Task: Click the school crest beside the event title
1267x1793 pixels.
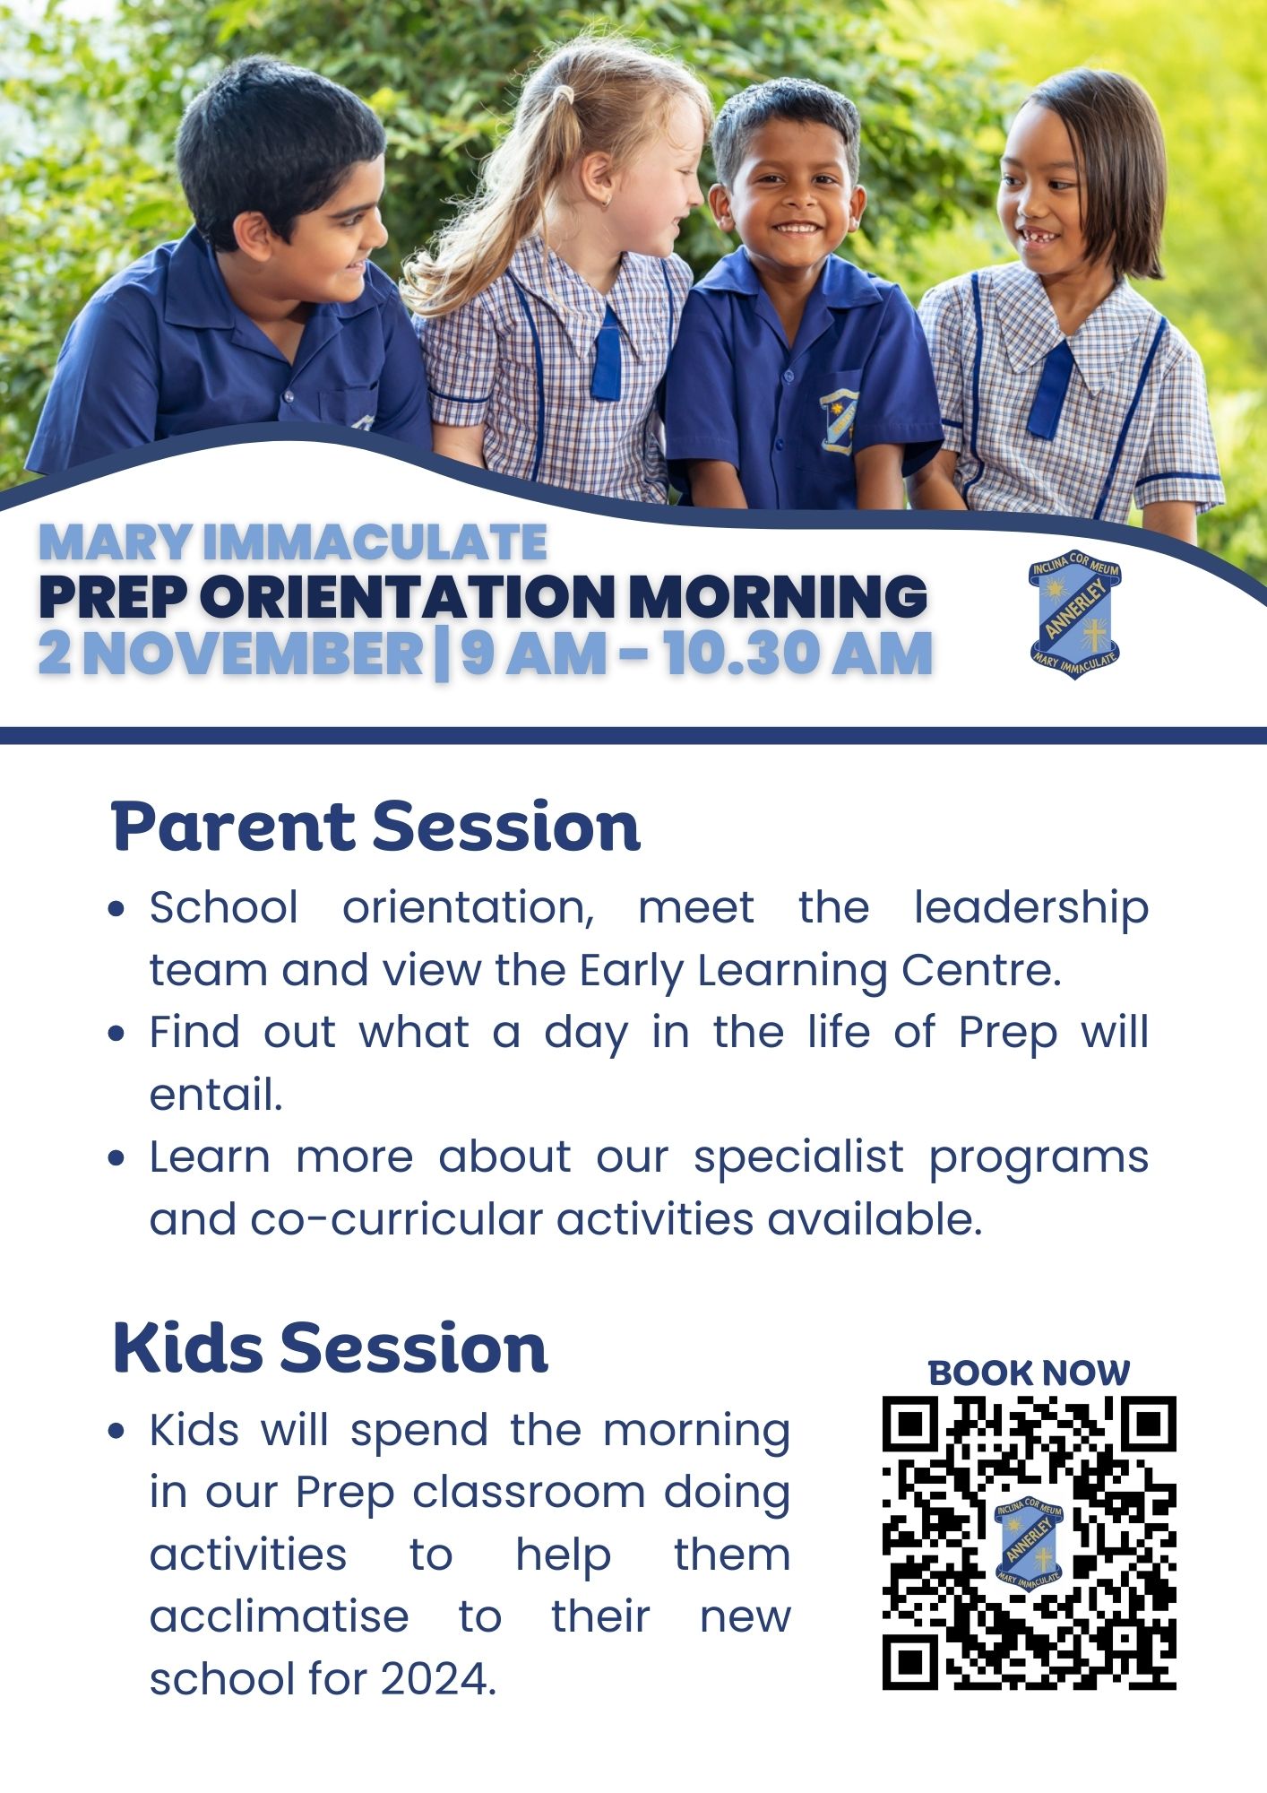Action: pos(1074,614)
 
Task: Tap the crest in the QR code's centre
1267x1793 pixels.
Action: pos(1029,1541)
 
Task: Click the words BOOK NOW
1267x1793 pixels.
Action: pos(1029,1373)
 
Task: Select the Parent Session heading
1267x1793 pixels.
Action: pos(375,827)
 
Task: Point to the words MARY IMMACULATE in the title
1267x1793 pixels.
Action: pos(293,542)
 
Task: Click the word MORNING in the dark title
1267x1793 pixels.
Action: pos(778,596)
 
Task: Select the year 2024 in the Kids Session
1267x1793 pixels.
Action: pos(437,1679)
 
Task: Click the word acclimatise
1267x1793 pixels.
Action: pos(279,1617)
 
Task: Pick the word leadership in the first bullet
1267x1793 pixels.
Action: pos(1030,909)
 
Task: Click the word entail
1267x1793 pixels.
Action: pos(215,1095)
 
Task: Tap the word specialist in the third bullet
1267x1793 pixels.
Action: pos(798,1156)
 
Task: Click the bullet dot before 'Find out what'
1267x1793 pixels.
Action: pos(116,1034)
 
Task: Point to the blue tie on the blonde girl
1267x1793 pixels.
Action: pos(607,356)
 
